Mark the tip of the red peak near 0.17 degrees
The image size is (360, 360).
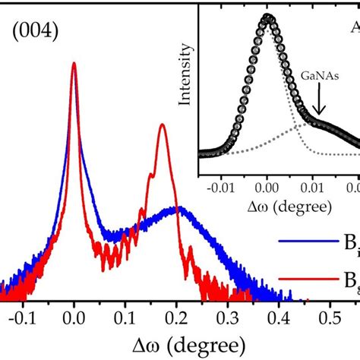pyautogui.click(x=162, y=125)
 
